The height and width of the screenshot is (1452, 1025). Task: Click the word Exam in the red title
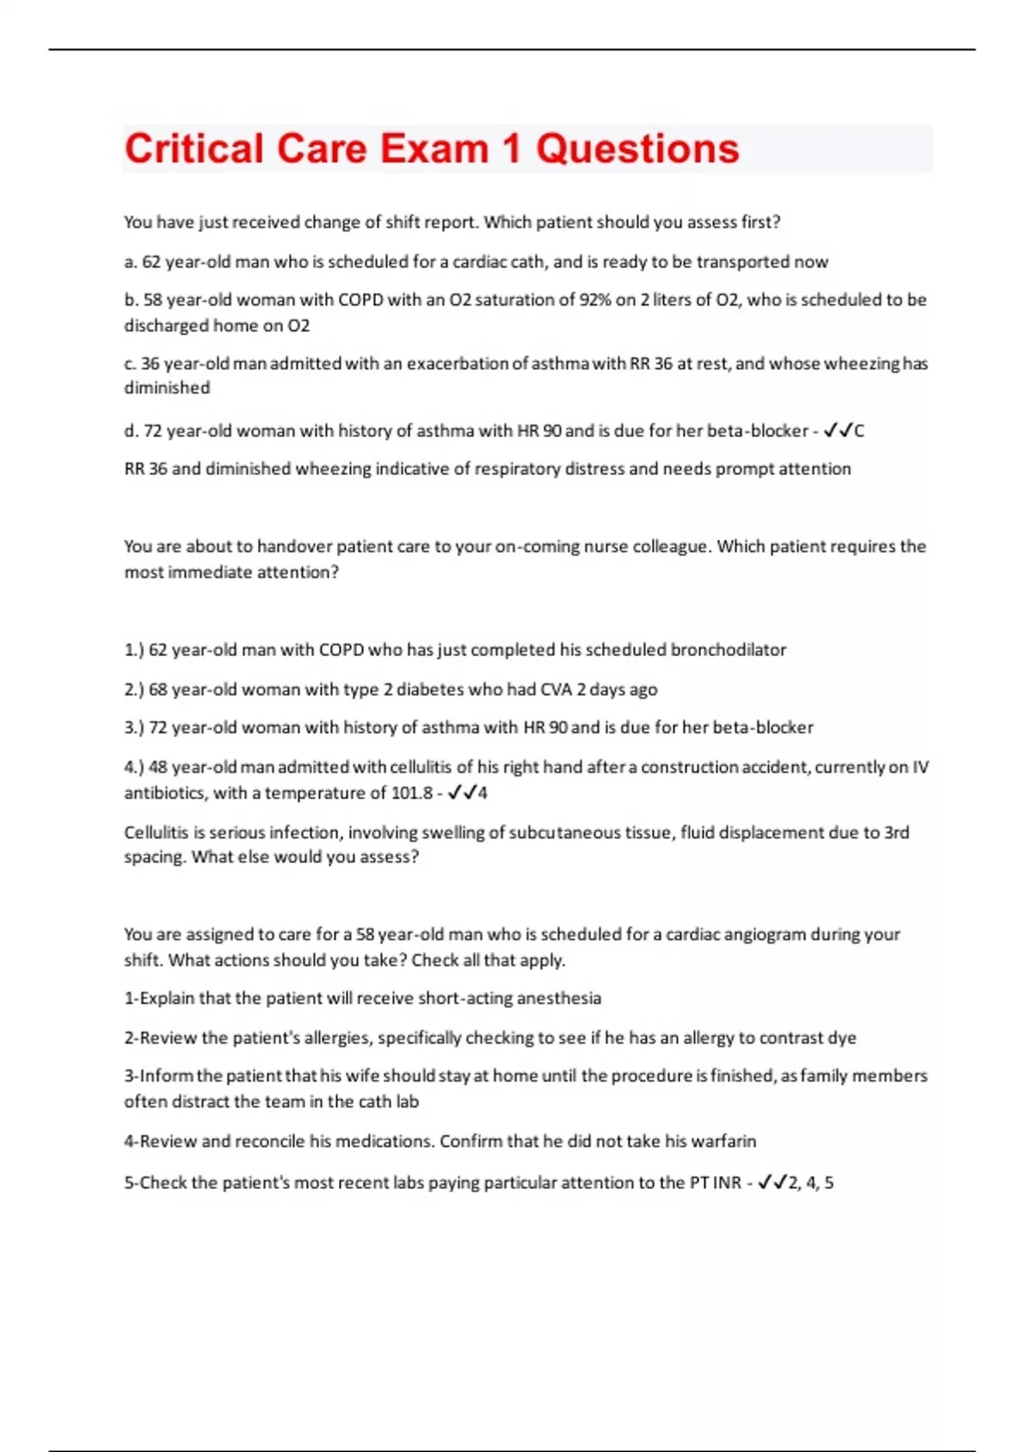coord(434,149)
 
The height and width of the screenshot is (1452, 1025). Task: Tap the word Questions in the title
coord(637,149)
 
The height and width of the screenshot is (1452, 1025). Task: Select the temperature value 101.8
coord(412,793)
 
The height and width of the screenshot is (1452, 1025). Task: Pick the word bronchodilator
coord(728,650)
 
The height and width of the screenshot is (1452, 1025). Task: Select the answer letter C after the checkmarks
coord(859,431)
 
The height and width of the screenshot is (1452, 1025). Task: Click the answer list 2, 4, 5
coord(811,1183)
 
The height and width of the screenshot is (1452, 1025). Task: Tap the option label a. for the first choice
coord(131,262)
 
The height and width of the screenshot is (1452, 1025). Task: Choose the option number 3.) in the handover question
coord(134,728)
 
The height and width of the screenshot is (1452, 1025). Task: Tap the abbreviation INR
coord(727,1183)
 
